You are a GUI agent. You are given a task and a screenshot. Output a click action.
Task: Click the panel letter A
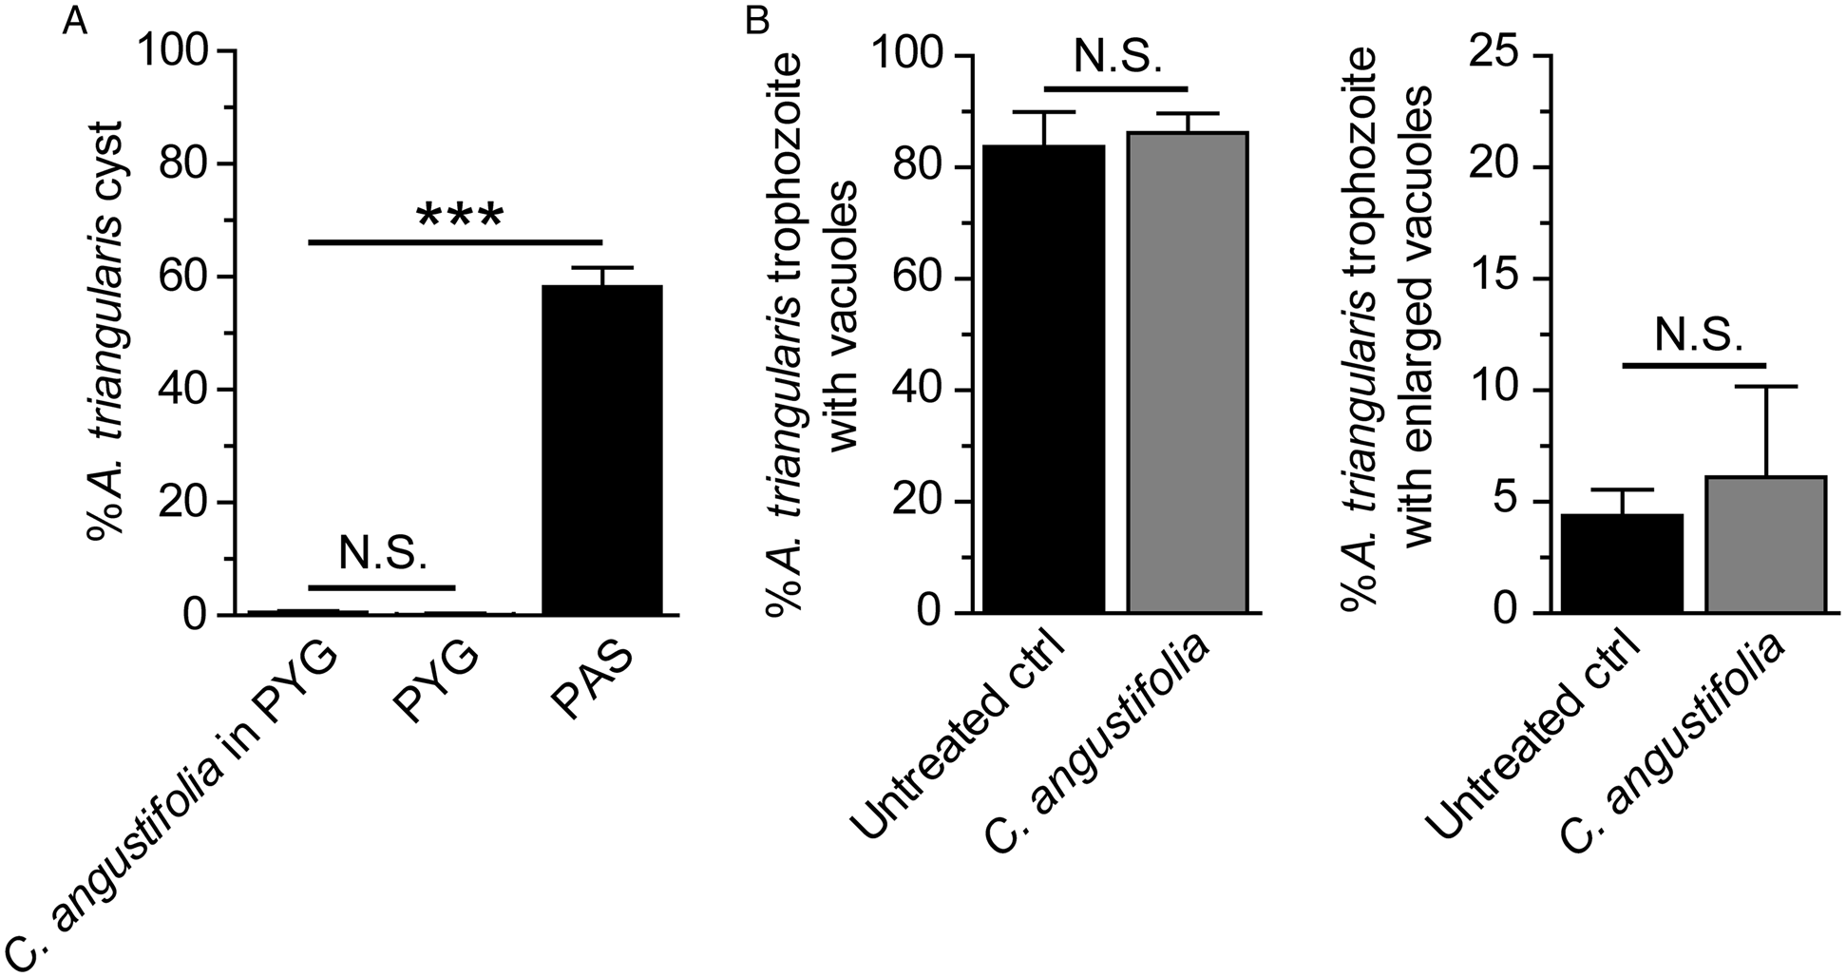pyautogui.click(x=75, y=21)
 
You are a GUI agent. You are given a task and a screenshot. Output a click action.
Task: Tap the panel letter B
pyautogui.click(x=756, y=21)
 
